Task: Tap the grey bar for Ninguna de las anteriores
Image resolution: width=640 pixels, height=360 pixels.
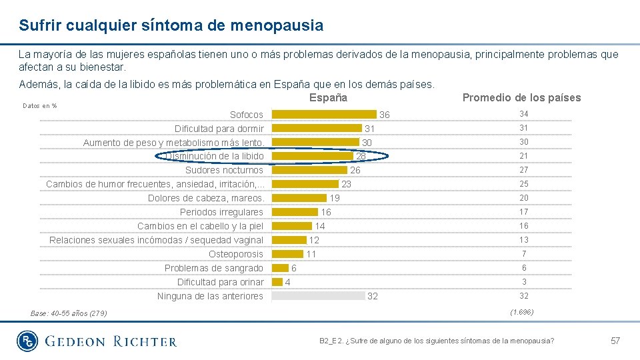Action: pyautogui.click(x=319, y=296)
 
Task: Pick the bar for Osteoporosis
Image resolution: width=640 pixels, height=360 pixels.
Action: pyautogui.click(x=287, y=254)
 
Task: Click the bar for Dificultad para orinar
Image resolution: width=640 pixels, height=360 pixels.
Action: pyautogui.click(x=277, y=282)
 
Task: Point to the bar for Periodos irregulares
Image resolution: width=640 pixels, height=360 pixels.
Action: pyautogui.click(x=294, y=212)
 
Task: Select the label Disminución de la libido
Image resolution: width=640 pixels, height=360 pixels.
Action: pyautogui.click(x=214, y=156)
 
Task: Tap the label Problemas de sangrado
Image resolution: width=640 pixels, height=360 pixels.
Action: pyautogui.click(x=214, y=268)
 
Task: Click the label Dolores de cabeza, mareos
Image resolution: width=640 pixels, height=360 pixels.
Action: pyautogui.click(x=206, y=198)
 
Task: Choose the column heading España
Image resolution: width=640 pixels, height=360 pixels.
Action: pyautogui.click(x=329, y=98)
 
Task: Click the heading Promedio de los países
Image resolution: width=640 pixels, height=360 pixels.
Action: pyautogui.click(x=521, y=98)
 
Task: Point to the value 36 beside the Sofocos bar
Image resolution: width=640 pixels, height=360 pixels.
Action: pyautogui.click(x=385, y=115)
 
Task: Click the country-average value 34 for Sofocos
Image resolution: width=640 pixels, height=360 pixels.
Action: pyautogui.click(x=523, y=114)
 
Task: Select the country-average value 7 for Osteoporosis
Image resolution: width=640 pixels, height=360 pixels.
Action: pyautogui.click(x=524, y=254)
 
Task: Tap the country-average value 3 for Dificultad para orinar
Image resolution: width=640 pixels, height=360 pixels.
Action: pyautogui.click(x=524, y=282)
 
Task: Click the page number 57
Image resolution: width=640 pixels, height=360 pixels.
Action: pyautogui.click(x=615, y=341)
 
